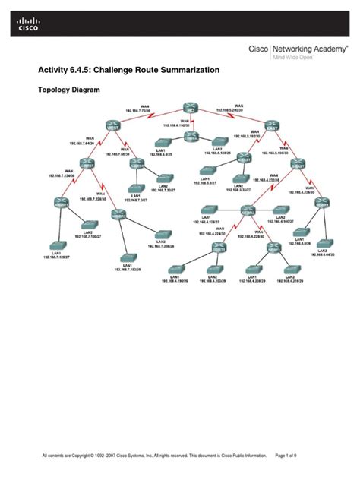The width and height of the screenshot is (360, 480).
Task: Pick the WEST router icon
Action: click(x=112, y=124)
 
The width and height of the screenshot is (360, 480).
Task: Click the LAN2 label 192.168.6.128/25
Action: click(x=217, y=152)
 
